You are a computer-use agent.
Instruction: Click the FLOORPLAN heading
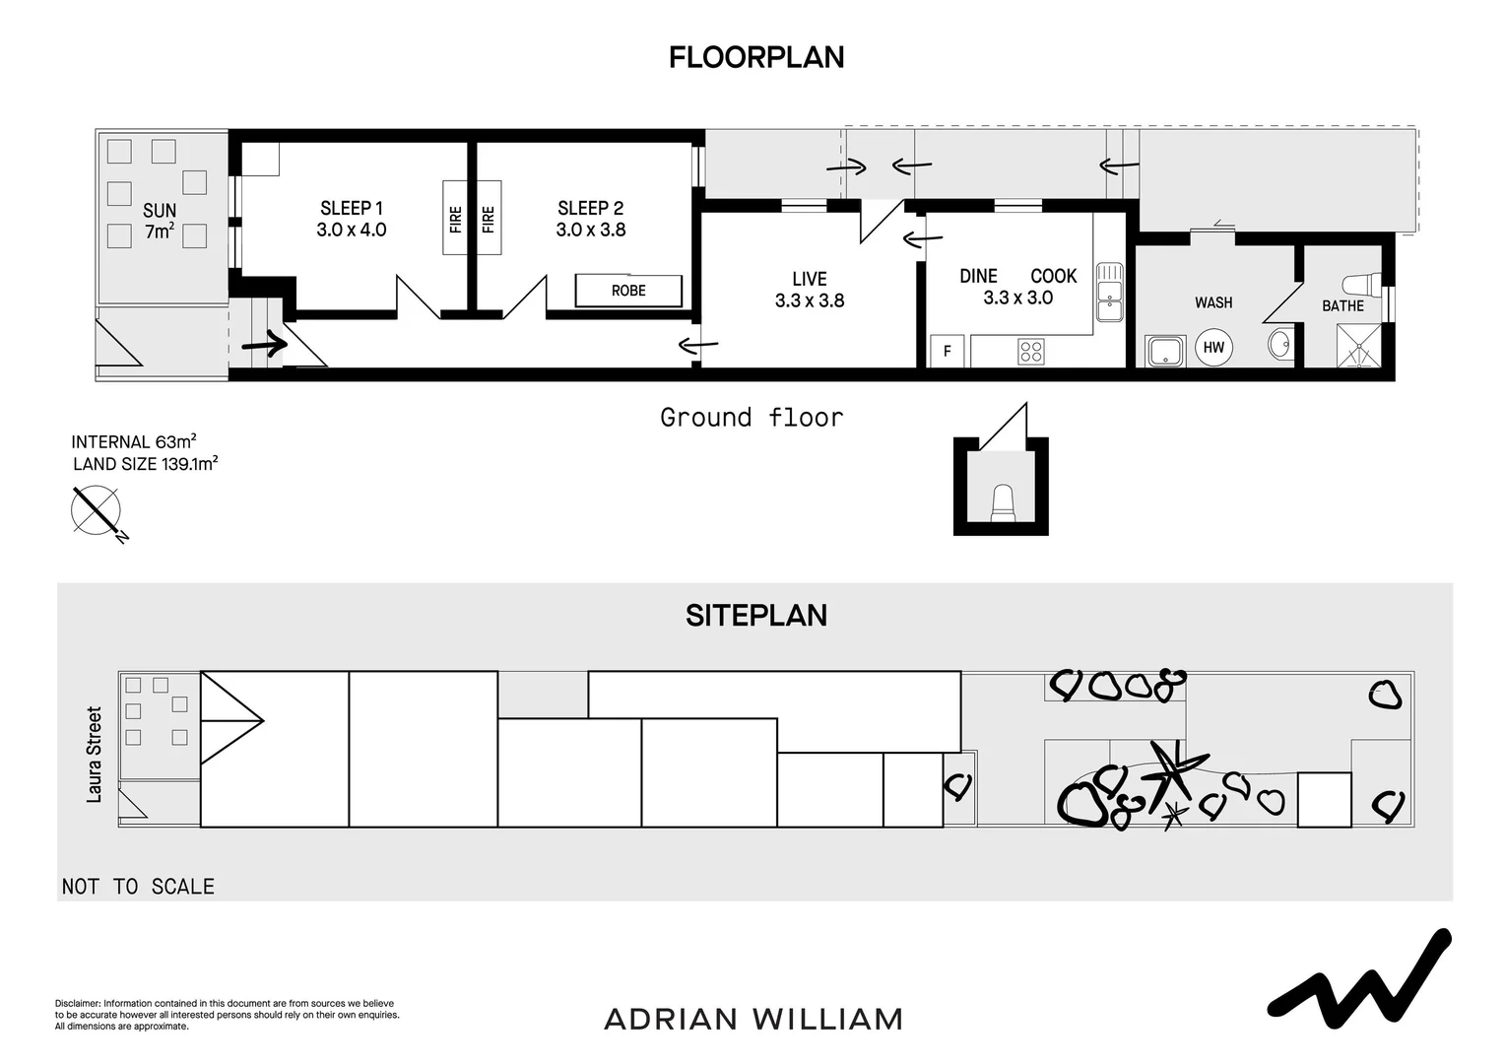coord(756,58)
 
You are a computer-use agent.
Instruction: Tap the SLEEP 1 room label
coord(352,208)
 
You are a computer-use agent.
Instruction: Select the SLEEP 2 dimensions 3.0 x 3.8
coord(591,230)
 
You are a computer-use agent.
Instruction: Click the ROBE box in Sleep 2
coord(628,291)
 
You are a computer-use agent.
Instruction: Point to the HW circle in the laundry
coord(1213,348)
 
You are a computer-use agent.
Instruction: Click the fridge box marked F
coord(947,351)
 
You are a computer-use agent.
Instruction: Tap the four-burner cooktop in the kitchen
coord(1030,352)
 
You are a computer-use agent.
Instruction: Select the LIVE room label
coord(810,279)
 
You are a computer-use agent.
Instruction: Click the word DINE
coord(978,276)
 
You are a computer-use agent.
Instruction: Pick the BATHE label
coord(1342,306)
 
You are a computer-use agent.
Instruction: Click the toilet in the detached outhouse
coord(1003,502)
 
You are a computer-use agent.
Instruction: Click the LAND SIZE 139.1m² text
coord(145,464)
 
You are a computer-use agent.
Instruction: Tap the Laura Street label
coord(94,754)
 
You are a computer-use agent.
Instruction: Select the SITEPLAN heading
coord(756,616)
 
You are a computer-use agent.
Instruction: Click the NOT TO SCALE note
coord(138,887)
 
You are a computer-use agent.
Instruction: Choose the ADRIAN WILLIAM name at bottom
coord(753,1019)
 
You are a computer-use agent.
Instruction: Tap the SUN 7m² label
coord(160,221)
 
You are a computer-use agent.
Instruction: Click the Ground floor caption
coord(752,418)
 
